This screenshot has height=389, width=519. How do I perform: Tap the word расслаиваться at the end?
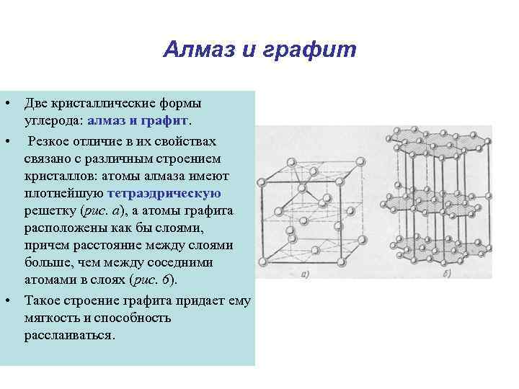(x=68, y=336)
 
